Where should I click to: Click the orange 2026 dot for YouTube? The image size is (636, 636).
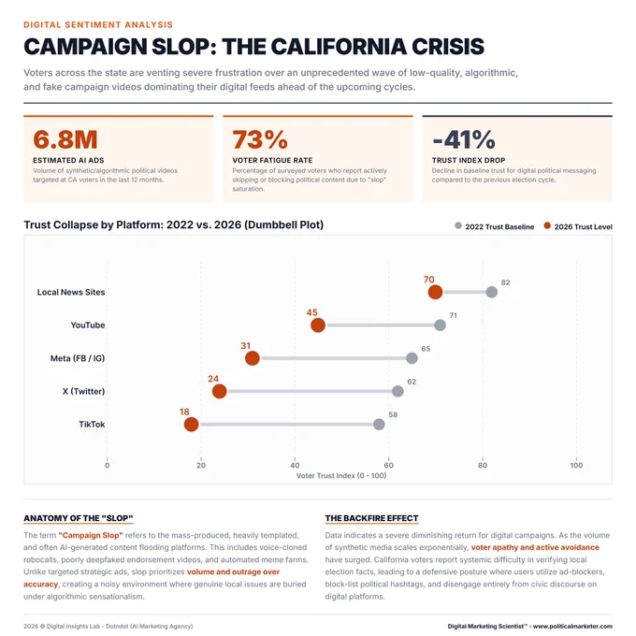318,325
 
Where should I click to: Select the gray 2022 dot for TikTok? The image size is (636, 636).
379,425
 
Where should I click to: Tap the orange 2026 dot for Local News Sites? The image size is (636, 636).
435,292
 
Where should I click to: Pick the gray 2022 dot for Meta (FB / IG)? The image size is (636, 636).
412,358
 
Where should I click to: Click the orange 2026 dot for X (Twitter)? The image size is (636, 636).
220,391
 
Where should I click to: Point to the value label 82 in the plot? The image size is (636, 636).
505,282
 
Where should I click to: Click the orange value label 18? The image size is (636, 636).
184,412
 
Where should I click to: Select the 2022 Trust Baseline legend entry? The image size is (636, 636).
495,226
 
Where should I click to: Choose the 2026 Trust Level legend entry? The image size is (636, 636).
578,226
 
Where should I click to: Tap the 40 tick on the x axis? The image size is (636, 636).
295,465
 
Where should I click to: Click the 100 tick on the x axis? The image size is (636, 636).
576,465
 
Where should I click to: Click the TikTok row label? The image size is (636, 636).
92,425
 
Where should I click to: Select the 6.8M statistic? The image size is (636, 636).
65,139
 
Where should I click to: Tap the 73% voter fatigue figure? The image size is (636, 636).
260,139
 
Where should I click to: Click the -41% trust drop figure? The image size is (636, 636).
464,139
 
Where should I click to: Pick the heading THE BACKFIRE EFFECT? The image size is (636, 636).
371,518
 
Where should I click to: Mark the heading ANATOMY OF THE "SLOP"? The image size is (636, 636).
79,518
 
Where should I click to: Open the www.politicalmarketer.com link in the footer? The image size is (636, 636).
572,627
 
